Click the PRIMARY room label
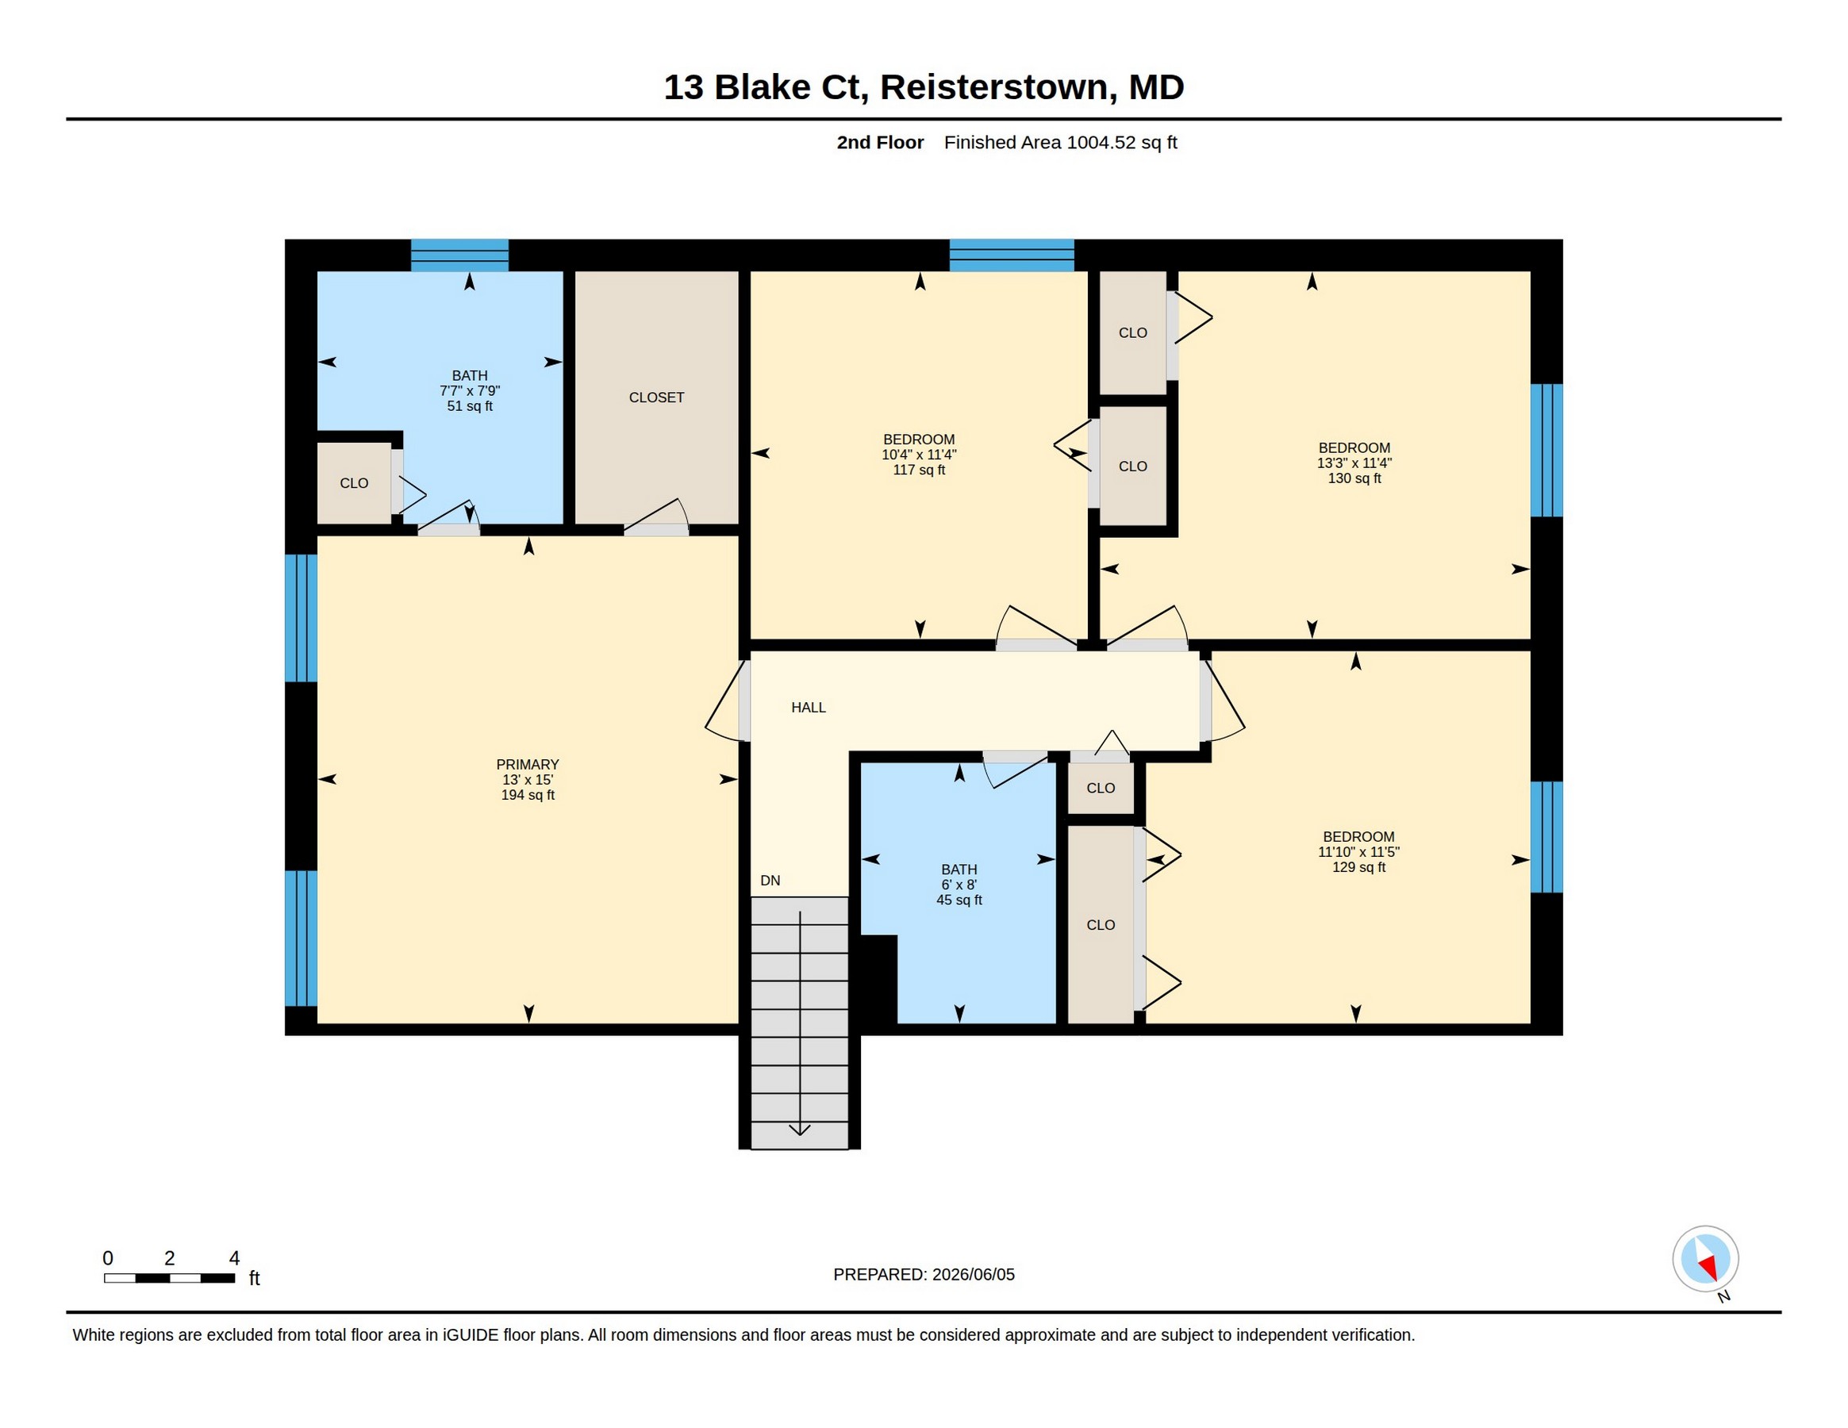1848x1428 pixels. [x=527, y=764]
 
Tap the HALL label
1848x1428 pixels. [x=808, y=707]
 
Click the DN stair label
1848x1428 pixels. [x=770, y=881]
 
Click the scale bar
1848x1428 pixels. [x=169, y=1277]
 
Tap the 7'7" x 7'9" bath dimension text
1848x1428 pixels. [x=470, y=391]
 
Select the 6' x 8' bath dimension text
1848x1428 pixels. [x=959, y=885]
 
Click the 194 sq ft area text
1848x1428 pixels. [x=528, y=794]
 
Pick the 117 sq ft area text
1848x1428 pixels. [x=919, y=470]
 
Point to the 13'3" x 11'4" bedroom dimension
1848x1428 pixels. [x=1354, y=463]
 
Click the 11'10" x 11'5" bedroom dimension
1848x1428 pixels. [x=1358, y=852]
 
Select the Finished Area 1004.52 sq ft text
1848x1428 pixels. [x=1060, y=142]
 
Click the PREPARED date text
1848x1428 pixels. [x=924, y=1274]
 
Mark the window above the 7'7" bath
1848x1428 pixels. [x=459, y=255]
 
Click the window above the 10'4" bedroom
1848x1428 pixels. [x=1011, y=255]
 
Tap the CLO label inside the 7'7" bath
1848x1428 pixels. [x=354, y=483]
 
